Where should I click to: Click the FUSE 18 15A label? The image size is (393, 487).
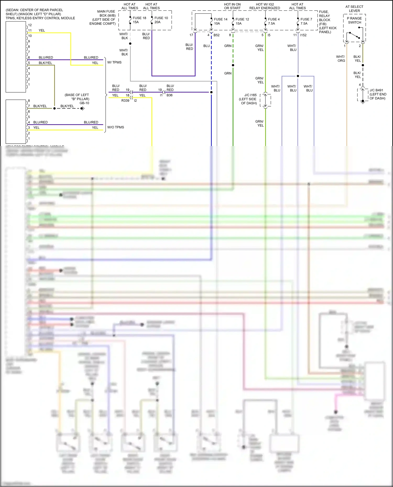(x=139, y=20)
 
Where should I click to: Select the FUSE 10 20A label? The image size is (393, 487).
(x=161, y=20)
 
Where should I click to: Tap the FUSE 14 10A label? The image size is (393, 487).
(x=220, y=21)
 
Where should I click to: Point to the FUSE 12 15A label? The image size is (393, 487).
(x=242, y=21)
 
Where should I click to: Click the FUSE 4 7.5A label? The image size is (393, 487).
(x=274, y=21)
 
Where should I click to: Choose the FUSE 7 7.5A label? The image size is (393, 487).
(x=306, y=21)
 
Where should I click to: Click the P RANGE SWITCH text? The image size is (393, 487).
(x=354, y=20)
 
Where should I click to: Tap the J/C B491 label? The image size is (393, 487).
(x=376, y=90)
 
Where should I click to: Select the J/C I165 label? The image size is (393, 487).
(x=250, y=95)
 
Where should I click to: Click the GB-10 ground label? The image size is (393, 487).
(x=84, y=103)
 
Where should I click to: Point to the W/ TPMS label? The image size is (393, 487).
(x=114, y=62)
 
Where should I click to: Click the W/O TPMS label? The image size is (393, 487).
(x=116, y=127)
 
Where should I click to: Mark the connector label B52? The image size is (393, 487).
(x=216, y=35)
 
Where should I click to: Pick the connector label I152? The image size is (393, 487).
(x=303, y=35)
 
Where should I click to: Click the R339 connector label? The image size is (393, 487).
(x=125, y=100)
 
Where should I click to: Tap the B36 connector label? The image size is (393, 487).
(x=170, y=95)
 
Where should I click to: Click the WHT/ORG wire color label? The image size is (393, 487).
(x=341, y=59)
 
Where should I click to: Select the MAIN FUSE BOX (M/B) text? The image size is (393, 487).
(x=106, y=13)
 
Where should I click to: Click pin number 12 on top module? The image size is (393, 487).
(x=30, y=25)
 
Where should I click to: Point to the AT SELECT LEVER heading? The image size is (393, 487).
(x=354, y=9)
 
